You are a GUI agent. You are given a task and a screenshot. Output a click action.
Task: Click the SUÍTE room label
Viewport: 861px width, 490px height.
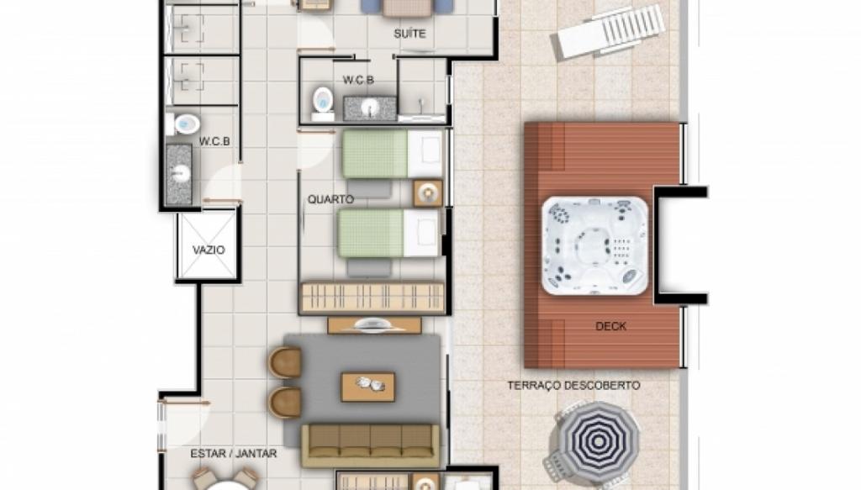pos(409,34)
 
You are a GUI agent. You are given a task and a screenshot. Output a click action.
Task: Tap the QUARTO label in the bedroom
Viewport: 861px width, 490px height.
pos(330,199)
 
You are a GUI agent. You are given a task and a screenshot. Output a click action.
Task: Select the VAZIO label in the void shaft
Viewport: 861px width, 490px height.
pos(209,250)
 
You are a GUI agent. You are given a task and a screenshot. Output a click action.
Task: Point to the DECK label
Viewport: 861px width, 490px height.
pos(610,326)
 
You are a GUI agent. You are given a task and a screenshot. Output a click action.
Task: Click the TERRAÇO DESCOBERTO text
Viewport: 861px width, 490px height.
pos(573,386)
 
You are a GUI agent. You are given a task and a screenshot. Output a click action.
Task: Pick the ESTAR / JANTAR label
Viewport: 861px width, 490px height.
pos(234,454)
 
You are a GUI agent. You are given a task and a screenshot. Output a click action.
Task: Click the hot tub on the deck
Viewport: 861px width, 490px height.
pos(594,245)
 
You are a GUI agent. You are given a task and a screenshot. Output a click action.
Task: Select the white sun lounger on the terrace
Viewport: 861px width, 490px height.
pos(608,32)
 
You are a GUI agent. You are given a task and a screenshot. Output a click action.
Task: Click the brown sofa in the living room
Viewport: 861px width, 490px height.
pos(371,445)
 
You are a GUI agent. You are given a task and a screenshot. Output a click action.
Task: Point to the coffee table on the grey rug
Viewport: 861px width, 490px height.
pos(368,387)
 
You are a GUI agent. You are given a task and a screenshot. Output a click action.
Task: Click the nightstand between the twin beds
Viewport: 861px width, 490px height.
pos(428,193)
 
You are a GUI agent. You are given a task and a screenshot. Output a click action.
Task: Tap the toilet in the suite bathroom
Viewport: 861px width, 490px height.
pos(323,103)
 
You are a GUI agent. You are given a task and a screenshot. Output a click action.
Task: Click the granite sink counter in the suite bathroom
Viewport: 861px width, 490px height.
pos(370,108)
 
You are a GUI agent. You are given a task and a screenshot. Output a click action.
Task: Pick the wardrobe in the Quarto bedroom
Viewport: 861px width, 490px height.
pos(372,298)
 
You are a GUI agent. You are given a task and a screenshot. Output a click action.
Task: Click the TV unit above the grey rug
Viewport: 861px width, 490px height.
pos(374,325)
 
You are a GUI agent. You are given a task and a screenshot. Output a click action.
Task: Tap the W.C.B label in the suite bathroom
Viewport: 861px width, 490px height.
pos(358,80)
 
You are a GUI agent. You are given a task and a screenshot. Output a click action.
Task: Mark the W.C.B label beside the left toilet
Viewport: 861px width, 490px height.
pos(214,141)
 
